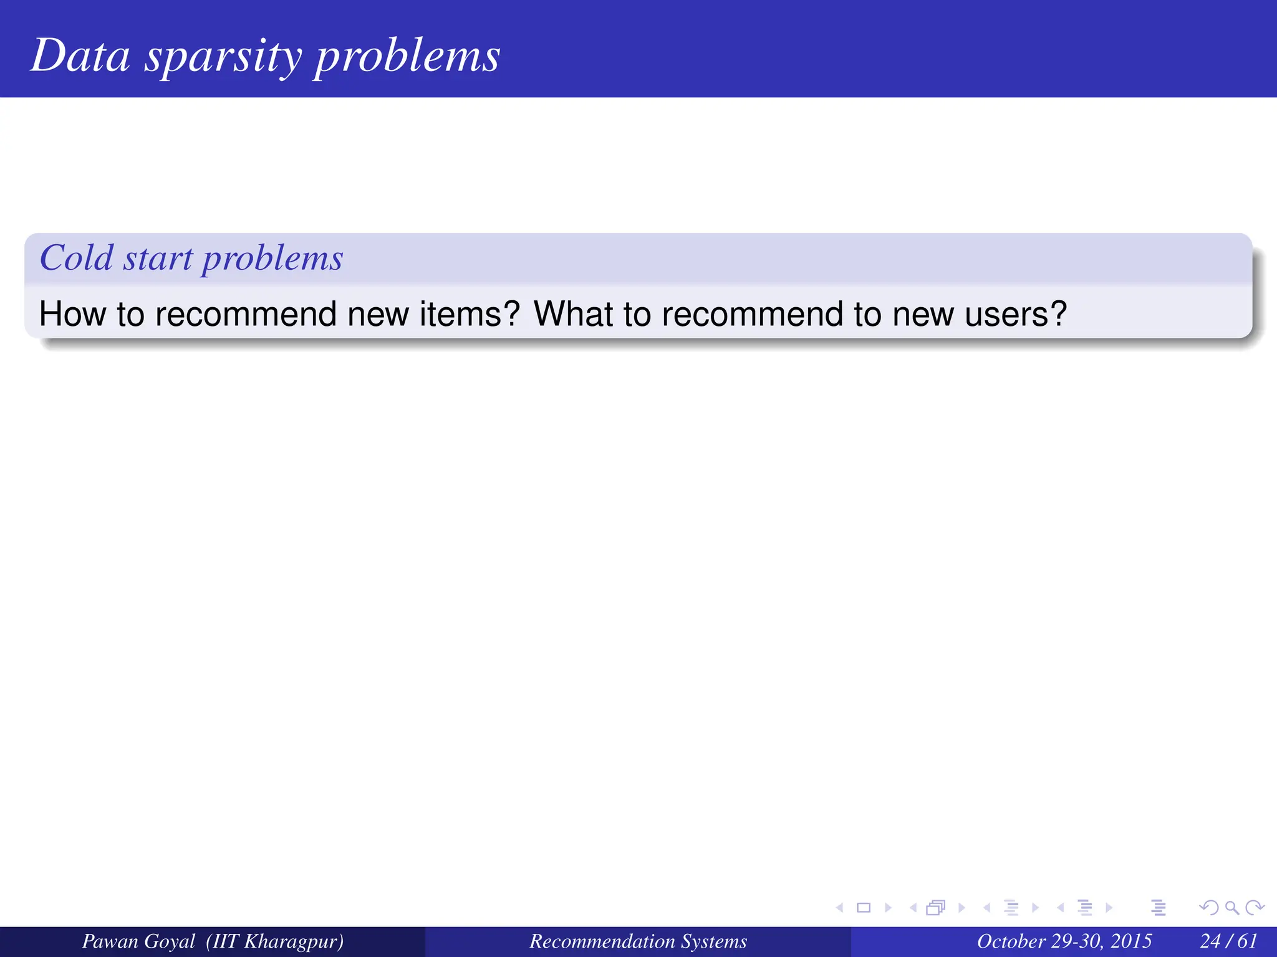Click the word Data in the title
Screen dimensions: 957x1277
click(80, 56)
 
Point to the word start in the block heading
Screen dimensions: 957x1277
click(158, 259)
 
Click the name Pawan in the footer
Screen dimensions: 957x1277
click(106, 941)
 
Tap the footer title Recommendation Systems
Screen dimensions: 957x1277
click(638, 941)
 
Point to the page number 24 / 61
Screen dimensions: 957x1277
click(1228, 941)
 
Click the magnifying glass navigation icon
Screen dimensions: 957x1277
click(1231, 908)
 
